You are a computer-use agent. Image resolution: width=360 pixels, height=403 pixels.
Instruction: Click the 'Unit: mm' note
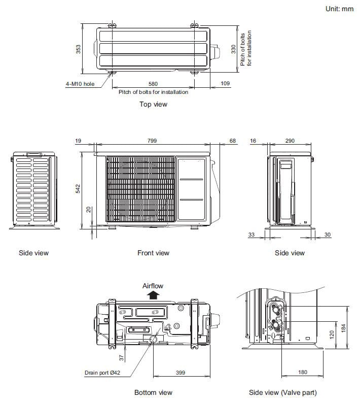tap(339, 9)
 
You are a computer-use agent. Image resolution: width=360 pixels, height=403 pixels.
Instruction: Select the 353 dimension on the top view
tap(79, 49)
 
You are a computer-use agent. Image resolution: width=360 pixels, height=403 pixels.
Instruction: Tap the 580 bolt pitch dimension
tap(153, 84)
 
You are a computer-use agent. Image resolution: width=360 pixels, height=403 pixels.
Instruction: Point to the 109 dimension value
tap(226, 84)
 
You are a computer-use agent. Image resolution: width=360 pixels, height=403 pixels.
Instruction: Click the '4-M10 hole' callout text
tap(80, 84)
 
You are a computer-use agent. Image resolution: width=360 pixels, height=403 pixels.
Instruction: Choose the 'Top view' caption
tap(153, 104)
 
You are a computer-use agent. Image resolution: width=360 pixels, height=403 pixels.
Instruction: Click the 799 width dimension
tap(152, 141)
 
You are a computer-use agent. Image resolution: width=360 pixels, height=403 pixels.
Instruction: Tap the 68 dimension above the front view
tap(232, 141)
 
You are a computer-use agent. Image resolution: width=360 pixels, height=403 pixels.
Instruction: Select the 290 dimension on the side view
tap(290, 141)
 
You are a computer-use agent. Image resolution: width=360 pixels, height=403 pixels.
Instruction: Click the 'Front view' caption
tap(153, 253)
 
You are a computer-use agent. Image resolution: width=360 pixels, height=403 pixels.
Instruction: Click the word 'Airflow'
tap(153, 286)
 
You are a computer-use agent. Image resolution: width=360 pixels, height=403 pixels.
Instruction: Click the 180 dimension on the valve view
tap(302, 373)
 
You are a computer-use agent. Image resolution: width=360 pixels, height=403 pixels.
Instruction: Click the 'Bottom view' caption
tap(153, 392)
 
